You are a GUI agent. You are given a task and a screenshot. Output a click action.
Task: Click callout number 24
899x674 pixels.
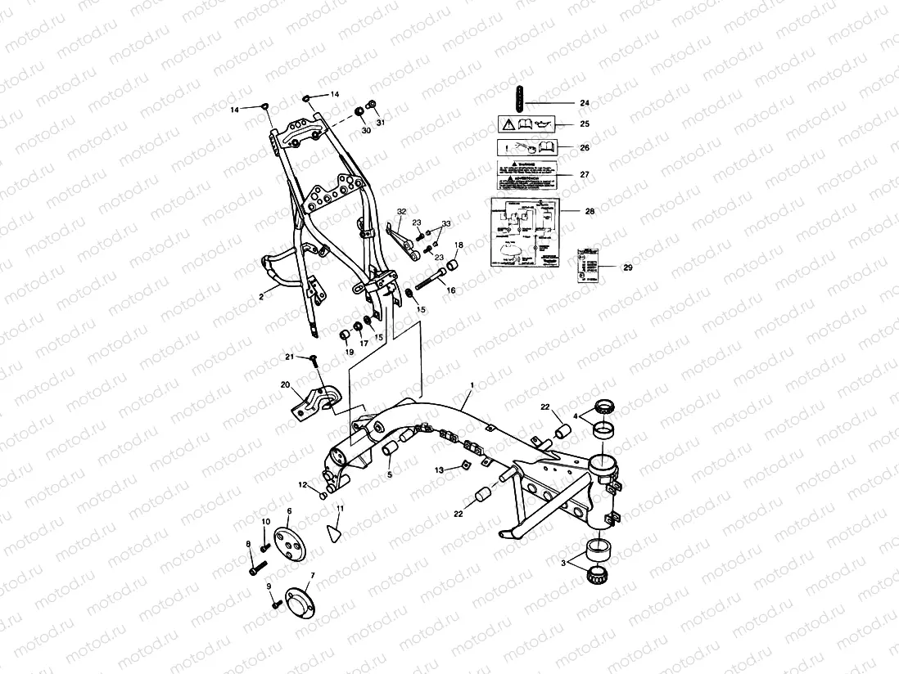pyautogui.click(x=584, y=103)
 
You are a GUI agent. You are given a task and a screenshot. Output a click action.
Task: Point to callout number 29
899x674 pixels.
pyautogui.click(x=628, y=267)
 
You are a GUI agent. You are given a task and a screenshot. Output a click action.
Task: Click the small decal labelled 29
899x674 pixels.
pyautogui.click(x=587, y=263)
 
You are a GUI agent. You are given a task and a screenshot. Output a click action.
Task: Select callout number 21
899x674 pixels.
pyautogui.click(x=289, y=357)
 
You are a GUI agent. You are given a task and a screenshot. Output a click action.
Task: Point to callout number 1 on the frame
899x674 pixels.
pyautogui.click(x=472, y=384)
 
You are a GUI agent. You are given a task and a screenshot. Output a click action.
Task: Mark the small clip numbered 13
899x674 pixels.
pyautogui.click(x=462, y=468)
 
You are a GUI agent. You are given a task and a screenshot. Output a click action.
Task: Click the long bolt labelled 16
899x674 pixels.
pyautogui.click(x=429, y=283)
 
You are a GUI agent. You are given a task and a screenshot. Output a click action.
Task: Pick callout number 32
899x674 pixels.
pyautogui.click(x=400, y=212)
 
